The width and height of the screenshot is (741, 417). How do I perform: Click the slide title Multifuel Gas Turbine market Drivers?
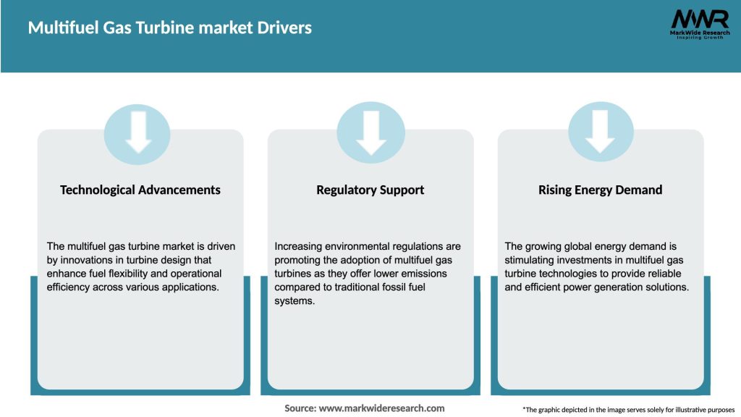tap(170, 28)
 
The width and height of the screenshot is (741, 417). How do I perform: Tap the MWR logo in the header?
tap(699, 20)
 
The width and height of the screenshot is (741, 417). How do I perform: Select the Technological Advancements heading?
tap(140, 190)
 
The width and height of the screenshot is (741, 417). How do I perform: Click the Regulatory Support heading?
tap(370, 190)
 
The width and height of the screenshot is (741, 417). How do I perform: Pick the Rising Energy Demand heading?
tap(600, 190)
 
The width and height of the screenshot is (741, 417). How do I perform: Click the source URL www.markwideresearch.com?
tap(383, 408)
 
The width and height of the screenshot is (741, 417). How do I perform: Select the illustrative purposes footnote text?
tap(628, 410)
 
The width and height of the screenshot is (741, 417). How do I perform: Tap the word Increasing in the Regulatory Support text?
tap(300, 246)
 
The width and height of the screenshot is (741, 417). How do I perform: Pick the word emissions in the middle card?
tap(420, 274)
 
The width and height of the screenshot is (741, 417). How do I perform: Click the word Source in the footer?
tap(300, 408)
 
